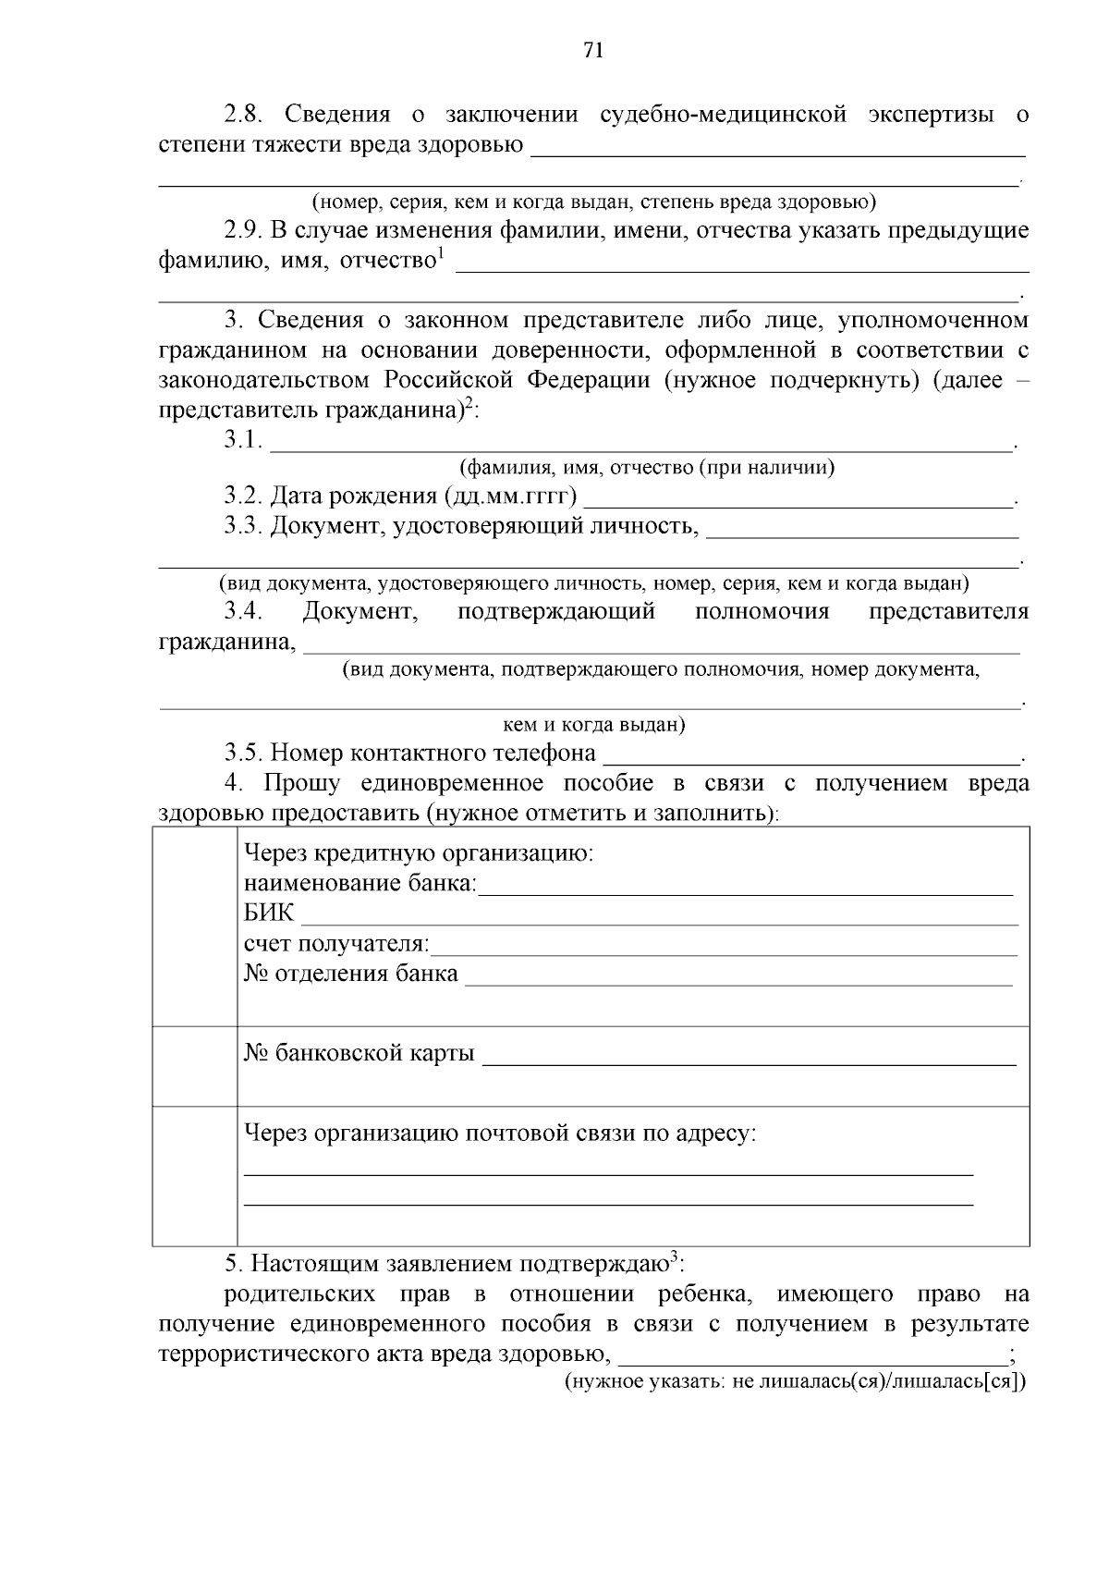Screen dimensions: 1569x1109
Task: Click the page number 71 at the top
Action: point(593,51)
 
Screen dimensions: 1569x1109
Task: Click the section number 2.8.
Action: point(244,115)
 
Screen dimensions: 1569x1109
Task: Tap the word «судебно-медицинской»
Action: point(724,115)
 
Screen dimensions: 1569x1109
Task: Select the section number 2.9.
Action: point(244,230)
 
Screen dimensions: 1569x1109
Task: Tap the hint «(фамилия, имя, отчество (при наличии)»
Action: point(647,468)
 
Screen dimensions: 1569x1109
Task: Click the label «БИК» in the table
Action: point(268,913)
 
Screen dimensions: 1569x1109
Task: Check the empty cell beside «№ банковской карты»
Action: point(195,1066)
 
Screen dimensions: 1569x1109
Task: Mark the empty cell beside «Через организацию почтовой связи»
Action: point(195,1175)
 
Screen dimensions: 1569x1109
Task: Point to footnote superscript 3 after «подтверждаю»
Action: point(675,1256)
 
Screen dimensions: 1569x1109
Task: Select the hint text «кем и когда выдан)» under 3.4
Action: point(593,725)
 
